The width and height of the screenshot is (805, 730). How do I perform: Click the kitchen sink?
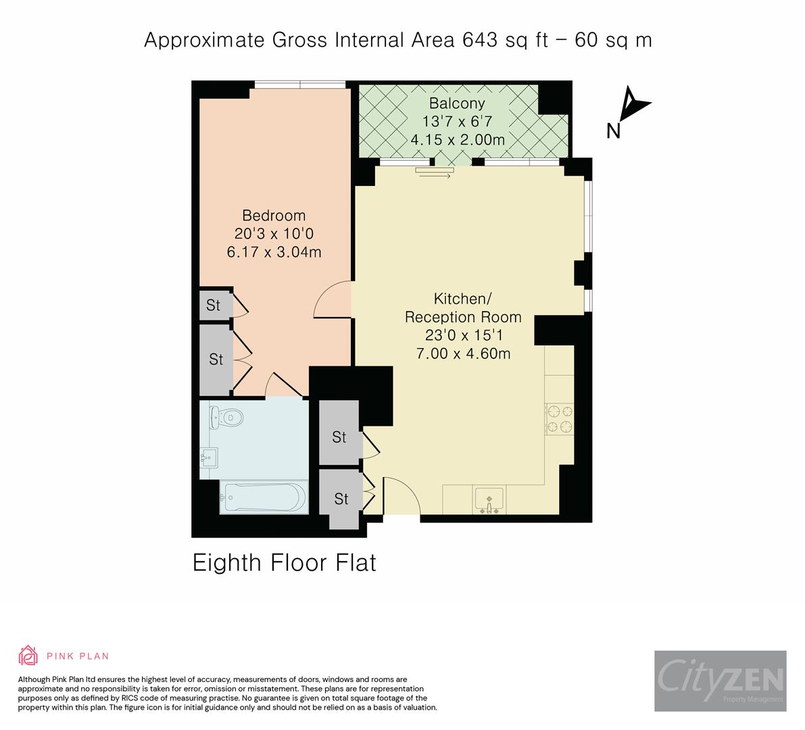[x=489, y=500]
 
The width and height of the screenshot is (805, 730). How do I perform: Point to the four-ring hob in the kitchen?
[x=559, y=418]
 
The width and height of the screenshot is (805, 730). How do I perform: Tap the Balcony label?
[x=458, y=103]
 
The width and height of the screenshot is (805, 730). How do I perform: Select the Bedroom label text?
[x=274, y=216]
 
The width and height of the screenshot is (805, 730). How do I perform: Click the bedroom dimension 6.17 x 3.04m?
[x=274, y=252]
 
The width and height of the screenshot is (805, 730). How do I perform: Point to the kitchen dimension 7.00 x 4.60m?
[x=463, y=353]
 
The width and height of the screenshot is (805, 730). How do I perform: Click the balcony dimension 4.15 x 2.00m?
[x=458, y=140]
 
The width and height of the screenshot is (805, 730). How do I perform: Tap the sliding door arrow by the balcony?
[x=434, y=176]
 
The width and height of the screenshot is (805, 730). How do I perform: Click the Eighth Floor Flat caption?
[x=284, y=563]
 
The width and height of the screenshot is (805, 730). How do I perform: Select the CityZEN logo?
[x=720, y=681]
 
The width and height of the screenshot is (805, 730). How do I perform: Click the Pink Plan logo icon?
[x=29, y=656]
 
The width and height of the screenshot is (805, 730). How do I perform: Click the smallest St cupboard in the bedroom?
[x=214, y=306]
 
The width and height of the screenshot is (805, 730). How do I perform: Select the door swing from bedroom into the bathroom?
[x=283, y=385]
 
